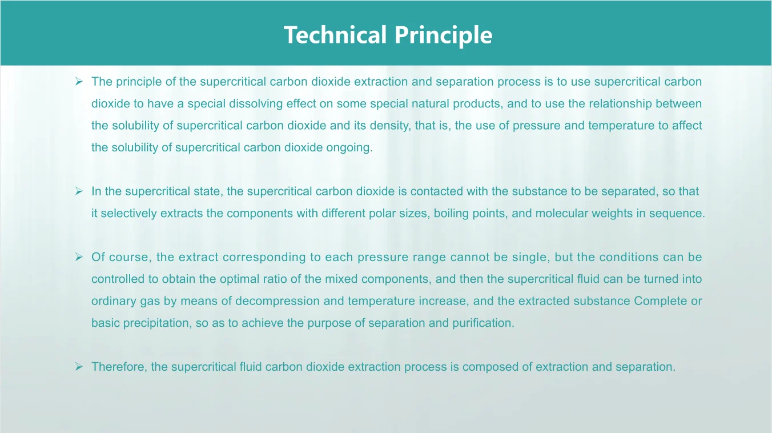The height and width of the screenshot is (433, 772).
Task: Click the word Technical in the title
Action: pos(335,35)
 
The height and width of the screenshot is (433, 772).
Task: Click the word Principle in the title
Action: pos(443,36)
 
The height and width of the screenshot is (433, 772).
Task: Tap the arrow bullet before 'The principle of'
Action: pos(79,82)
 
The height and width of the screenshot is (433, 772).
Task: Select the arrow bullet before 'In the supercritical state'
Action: pos(79,191)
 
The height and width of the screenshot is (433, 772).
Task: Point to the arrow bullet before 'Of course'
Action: pos(79,257)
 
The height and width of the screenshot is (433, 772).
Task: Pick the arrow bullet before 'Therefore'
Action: pos(79,367)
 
